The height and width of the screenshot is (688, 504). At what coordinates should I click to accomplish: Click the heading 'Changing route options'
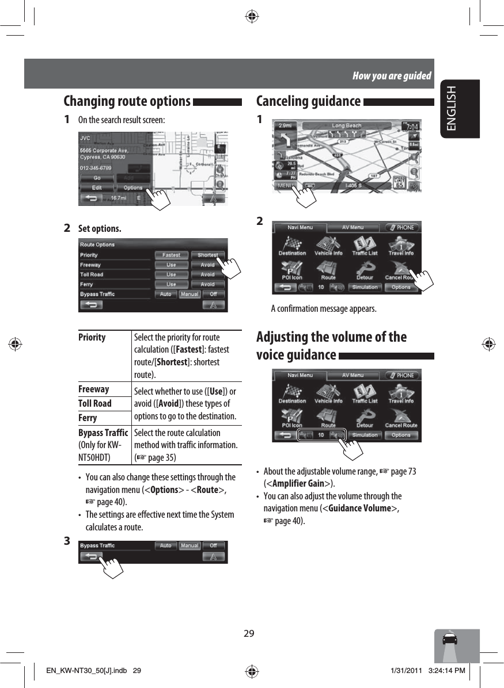coord(127,101)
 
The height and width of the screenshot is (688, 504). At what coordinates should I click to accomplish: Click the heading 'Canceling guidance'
coord(308,101)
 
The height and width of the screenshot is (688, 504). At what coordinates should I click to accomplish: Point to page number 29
coord(249,634)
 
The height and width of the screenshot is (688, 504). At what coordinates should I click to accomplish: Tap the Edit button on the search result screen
coord(97,188)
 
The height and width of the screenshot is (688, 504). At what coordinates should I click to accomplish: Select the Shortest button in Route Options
coord(207,255)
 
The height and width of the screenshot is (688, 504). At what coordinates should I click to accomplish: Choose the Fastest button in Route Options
coord(171,255)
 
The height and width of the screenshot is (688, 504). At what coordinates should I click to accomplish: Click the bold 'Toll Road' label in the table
coord(95,403)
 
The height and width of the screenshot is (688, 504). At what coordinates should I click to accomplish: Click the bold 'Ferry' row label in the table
coord(88,418)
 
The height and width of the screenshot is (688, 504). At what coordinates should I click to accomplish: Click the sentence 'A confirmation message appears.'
coord(324,309)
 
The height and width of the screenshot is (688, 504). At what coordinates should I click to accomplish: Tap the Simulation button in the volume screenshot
coord(365,435)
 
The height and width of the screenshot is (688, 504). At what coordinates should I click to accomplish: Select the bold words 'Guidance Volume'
coord(359,508)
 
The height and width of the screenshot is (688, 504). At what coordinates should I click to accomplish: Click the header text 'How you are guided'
coord(392,75)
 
